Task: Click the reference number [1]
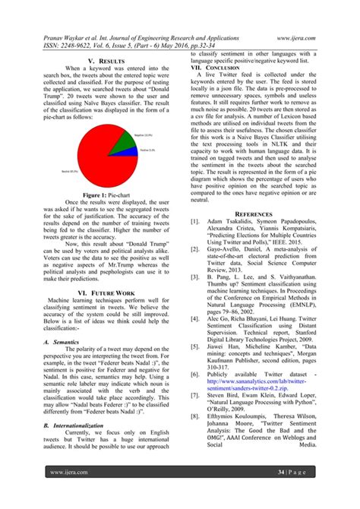click(x=195, y=221)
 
